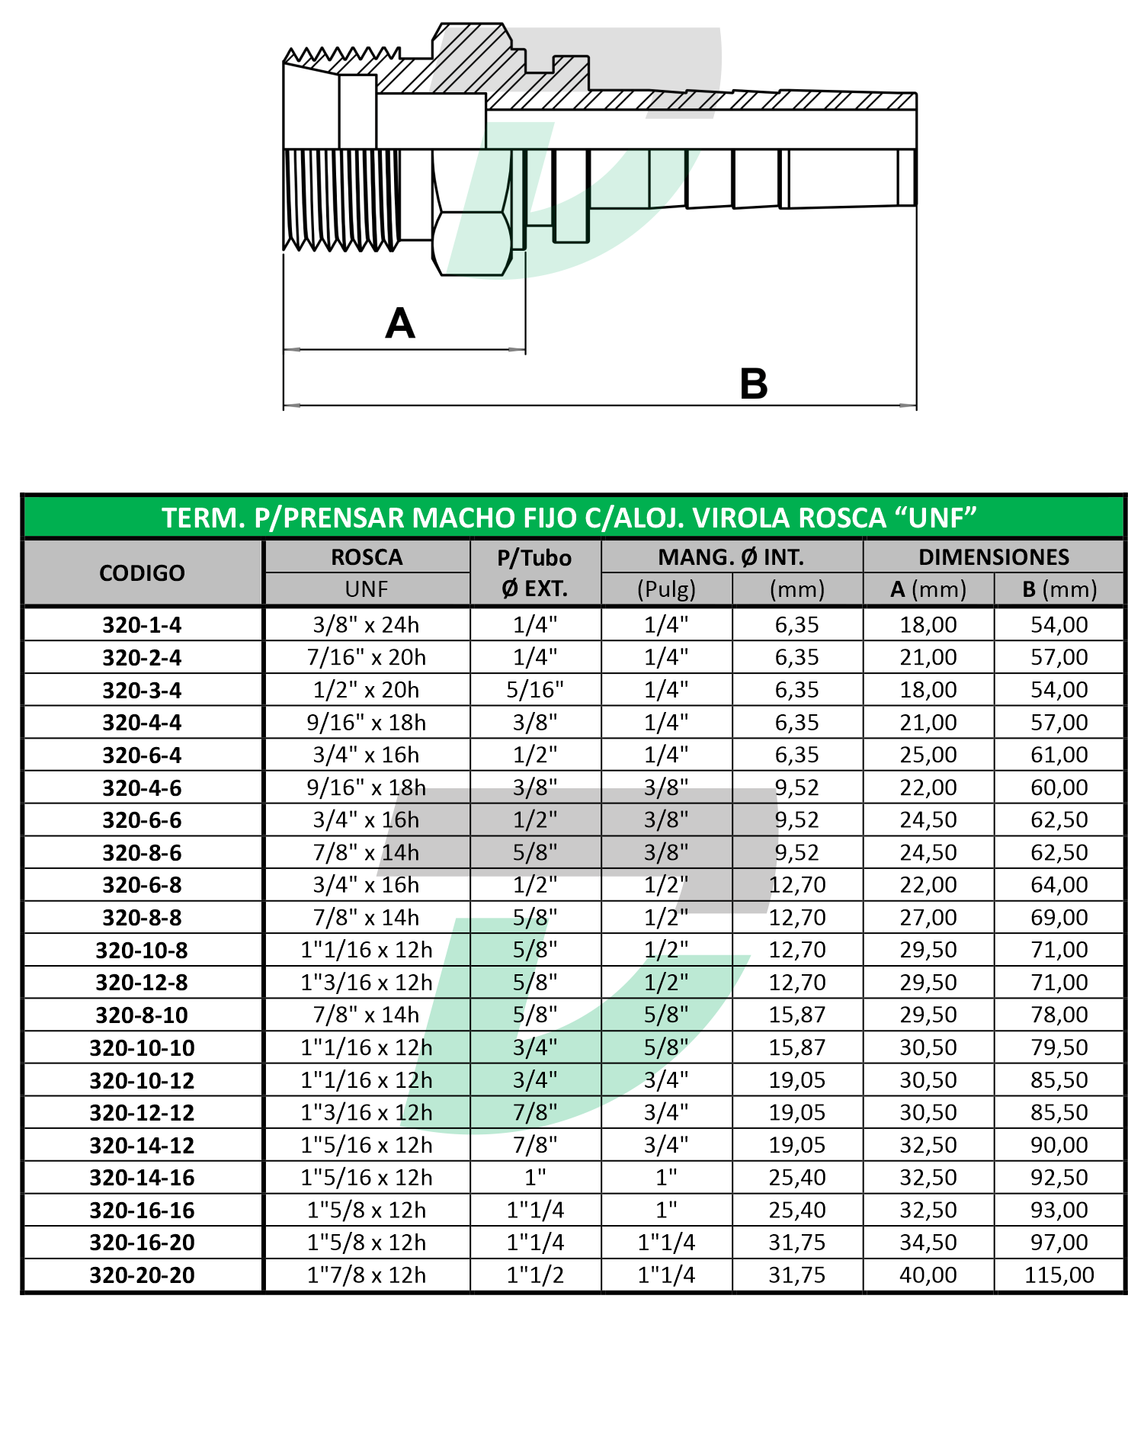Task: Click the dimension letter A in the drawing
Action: point(400,323)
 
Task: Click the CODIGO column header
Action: point(142,572)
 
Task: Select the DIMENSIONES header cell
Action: point(993,556)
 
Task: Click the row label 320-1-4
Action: point(142,625)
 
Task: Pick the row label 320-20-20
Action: point(142,1275)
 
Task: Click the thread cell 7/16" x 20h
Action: point(366,657)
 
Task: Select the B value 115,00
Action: point(1059,1275)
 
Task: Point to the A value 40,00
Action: point(928,1275)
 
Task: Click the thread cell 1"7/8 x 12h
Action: point(366,1275)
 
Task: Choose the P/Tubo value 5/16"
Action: point(535,690)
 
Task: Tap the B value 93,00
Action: point(1059,1210)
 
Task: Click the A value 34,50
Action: point(928,1243)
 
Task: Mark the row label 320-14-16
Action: point(142,1178)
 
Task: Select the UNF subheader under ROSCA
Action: point(366,589)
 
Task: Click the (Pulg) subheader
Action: point(666,589)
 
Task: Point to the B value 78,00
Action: point(1059,1015)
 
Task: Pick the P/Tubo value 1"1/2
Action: point(535,1275)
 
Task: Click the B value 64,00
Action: point(1059,885)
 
